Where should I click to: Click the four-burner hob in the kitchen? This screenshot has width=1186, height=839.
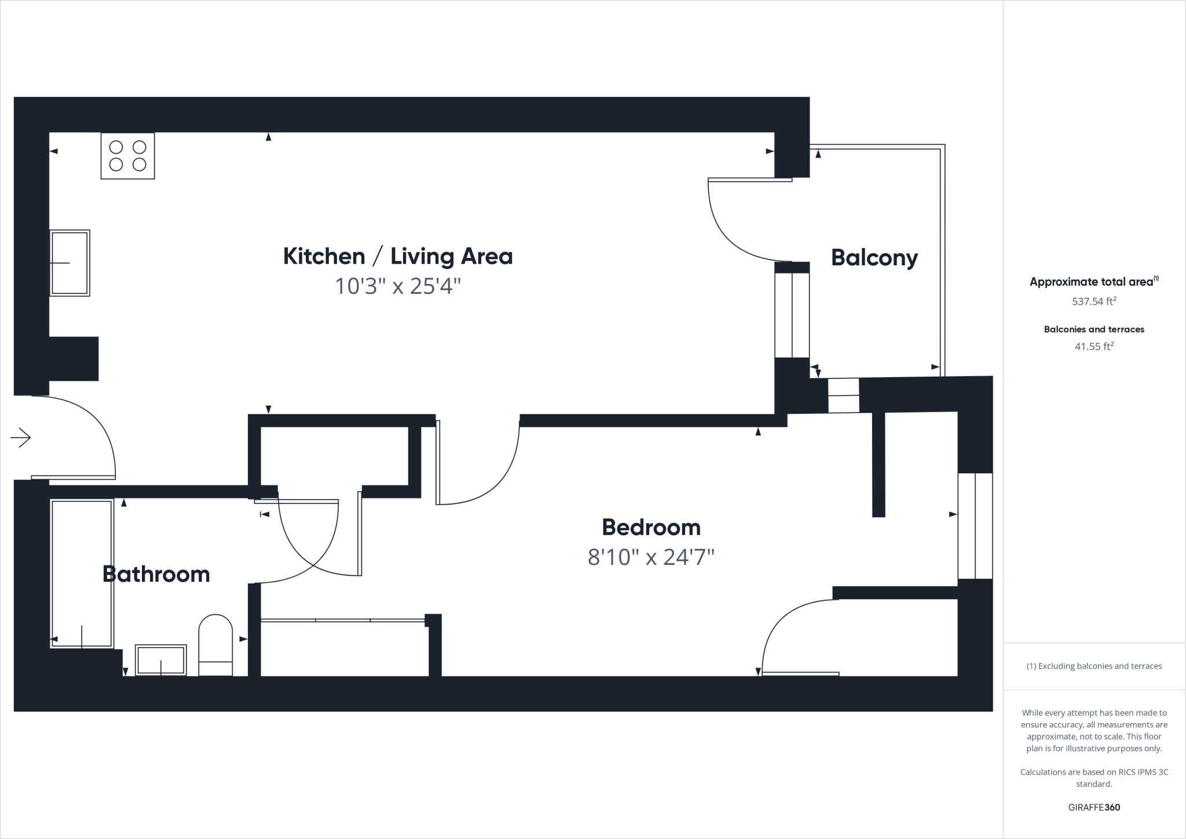tap(127, 156)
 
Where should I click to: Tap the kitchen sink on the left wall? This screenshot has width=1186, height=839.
tap(69, 263)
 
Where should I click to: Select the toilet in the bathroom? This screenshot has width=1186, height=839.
tap(215, 644)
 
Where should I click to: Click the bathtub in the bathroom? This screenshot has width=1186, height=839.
tap(82, 574)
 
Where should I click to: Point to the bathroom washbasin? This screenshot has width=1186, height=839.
tap(161, 660)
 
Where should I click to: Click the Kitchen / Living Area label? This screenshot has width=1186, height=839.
tap(398, 256)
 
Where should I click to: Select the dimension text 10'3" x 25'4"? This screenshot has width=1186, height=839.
tap(398, 286)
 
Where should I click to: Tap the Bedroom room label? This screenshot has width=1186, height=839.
tap(651, 527)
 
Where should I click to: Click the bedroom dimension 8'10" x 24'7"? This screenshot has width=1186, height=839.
tap(651, 557)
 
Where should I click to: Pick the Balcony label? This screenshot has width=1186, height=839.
tap(874, 257)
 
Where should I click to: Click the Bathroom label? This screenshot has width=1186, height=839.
tap(156, 574)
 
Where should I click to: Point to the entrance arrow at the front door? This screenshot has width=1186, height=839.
tap(21, 437)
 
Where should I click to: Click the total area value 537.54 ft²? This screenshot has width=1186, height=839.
tap(1094, 301)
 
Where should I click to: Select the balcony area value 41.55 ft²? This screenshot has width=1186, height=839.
tap(1094, 346)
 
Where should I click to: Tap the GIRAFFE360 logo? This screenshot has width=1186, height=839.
tap(1094, 807)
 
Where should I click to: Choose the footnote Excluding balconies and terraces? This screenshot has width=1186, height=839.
tap(1094, 666)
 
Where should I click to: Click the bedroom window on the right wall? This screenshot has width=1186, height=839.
tap(975, 526)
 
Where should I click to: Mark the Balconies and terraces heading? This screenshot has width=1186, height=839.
tap(1094, 329)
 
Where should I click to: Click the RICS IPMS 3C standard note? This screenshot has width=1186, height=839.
tap(1094, 778)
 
